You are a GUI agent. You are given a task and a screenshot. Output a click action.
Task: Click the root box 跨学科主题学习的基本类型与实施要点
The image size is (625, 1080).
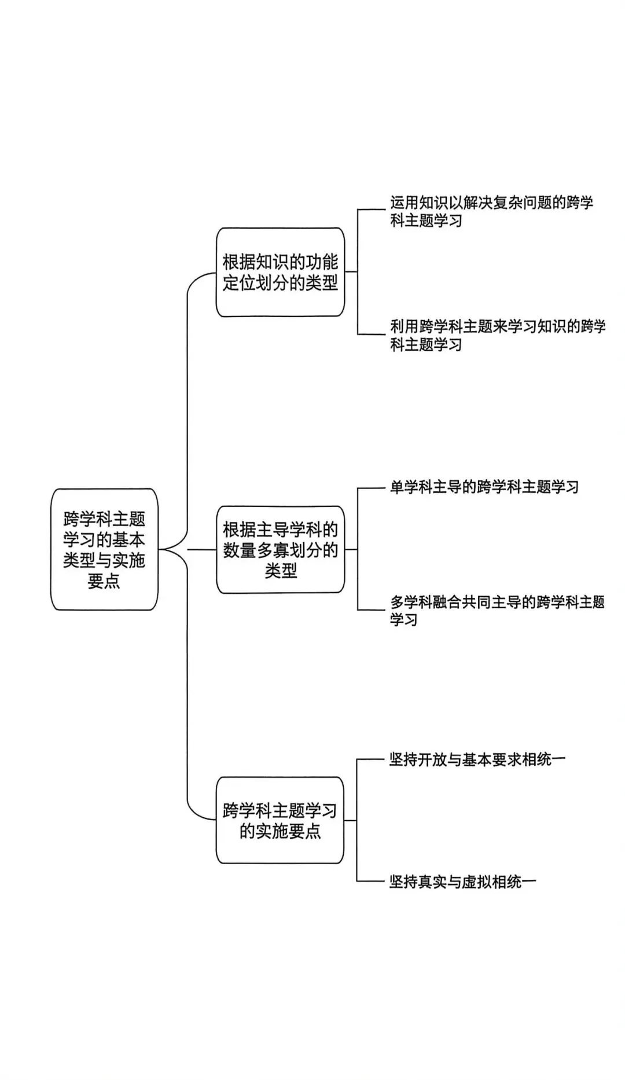[104, 549]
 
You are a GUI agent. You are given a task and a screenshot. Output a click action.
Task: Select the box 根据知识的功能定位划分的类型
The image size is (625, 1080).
[280, 272]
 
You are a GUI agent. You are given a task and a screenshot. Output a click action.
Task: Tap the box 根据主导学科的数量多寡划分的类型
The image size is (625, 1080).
[280, 549]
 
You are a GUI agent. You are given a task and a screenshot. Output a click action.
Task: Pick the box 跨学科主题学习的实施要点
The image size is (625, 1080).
[280, 821]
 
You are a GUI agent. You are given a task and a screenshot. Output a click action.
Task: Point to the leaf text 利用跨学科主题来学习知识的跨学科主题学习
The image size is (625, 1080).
[497, 335]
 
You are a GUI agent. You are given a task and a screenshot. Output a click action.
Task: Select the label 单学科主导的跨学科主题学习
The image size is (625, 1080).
[484, 487]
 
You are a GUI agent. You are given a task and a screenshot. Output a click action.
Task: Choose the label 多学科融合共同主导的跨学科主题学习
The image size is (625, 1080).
[497, 611]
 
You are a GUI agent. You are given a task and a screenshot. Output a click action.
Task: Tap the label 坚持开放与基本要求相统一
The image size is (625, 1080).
[477, 759]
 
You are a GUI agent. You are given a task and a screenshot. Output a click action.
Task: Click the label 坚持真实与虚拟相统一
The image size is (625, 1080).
[462, 881]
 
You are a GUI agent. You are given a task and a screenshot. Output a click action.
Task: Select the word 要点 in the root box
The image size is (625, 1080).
[104, 581]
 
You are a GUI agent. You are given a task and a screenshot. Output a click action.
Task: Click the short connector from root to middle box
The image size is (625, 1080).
[202, 549]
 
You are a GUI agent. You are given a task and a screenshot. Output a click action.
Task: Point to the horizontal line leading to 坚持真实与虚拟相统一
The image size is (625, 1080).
[372, 881]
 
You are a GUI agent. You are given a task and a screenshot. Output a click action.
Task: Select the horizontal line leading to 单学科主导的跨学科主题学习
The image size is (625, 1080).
[372, 488]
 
